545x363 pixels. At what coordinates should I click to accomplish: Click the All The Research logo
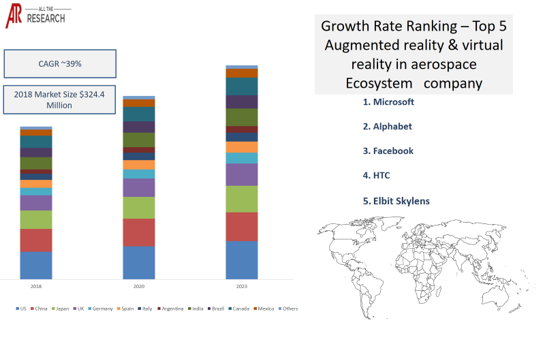(35, 15)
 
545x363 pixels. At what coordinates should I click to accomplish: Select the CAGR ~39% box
(60, 64)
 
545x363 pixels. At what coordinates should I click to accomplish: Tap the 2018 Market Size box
(60, 99)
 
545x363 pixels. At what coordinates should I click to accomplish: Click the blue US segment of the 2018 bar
(36, 265)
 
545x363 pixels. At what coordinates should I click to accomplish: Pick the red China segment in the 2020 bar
(139, 232)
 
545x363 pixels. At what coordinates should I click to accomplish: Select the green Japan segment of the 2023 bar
(242, 199)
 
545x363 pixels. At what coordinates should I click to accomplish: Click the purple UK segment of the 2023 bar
(242, 174)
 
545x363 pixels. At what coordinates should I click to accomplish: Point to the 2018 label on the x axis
(36, 287)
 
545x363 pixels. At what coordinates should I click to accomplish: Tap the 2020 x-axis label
(139, 287)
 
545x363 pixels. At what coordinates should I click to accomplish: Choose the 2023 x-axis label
(242, 287)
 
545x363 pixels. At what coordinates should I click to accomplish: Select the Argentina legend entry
(171, 309)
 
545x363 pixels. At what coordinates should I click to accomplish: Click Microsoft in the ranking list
(388, 101)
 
